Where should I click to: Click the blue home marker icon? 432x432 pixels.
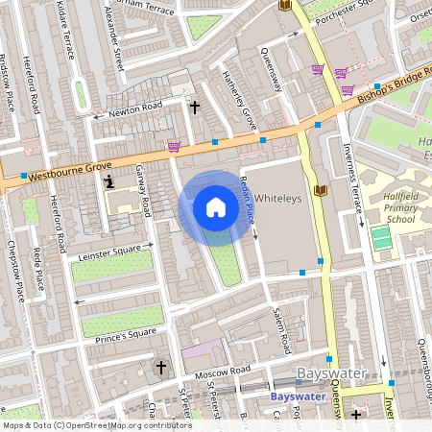click(216, 207)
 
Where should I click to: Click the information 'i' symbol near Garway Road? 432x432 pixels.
click(110, 181)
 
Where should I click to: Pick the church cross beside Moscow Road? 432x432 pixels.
click(160, 367)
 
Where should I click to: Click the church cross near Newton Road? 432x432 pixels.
click(194, 108)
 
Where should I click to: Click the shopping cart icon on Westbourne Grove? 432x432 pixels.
click(174, 146)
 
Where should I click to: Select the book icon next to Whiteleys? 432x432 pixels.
click(321, 190)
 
